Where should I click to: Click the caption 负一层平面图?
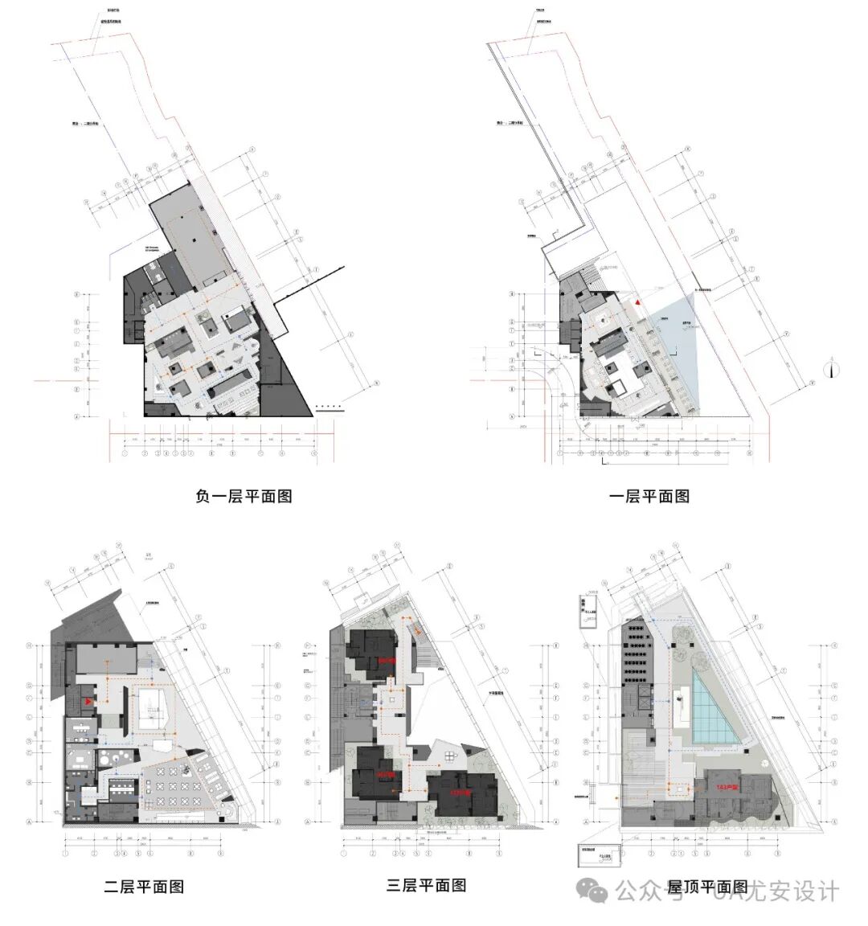(x=244, y=496)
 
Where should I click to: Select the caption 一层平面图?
(x=649, y=496)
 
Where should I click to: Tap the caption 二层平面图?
(x=145, y=887)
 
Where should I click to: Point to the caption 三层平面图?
(x=427, y=885)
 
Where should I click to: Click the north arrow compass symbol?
(x=834, y=369)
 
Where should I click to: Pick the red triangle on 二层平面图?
(x=88, y=702)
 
